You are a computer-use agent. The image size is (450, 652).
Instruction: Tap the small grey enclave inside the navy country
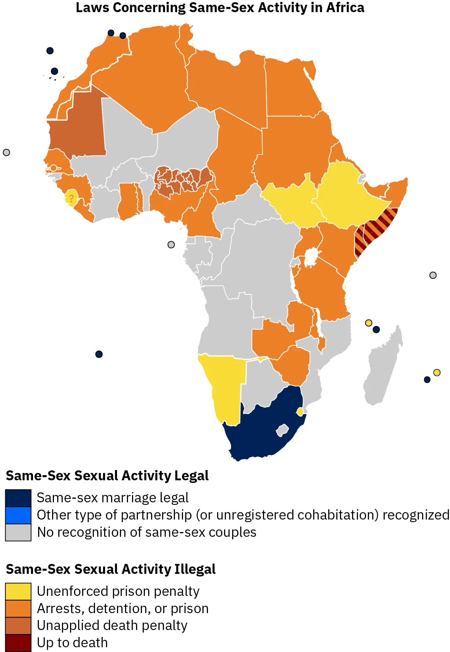(x=282, y=430)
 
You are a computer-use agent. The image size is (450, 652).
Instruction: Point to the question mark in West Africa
(x=71, y=198)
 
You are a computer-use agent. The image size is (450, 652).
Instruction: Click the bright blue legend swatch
(x=18, y=515)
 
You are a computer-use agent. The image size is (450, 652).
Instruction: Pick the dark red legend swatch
(x=18, y=643)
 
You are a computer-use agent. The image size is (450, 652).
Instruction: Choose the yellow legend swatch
(x=18, y=591)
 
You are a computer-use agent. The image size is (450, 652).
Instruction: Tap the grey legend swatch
(x=18, y=532)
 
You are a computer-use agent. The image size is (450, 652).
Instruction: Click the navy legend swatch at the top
(x=18, y=498)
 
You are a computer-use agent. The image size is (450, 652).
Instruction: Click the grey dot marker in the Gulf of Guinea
(x=171, y=244)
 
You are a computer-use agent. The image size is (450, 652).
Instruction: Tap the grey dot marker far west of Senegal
(x=6, y=152)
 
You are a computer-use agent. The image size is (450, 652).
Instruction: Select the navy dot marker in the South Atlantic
(x=98, y=354)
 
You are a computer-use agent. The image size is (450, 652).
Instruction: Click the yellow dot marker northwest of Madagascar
(x=369, y=323)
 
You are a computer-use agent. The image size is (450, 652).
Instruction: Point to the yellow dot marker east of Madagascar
(x=437, y=372)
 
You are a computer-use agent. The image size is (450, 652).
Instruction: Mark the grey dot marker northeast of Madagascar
(x=433, y=275)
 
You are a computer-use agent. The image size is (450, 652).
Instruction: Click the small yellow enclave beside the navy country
(x=300, y=412)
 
